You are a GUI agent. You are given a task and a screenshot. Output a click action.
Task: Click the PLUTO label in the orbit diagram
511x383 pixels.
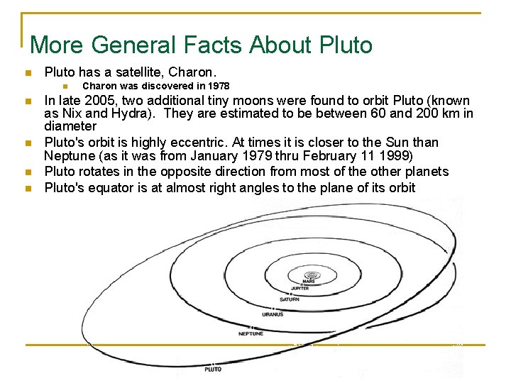coord(213,370)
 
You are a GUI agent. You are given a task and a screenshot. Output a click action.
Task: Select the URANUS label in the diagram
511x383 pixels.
coord(273,314)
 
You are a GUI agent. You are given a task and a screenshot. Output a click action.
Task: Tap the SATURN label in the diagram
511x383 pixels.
coord(290,299)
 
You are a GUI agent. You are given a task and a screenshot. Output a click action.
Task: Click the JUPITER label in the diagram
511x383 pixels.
coord(300,289)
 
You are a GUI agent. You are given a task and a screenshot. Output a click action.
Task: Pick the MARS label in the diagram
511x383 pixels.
coord(309,282)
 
